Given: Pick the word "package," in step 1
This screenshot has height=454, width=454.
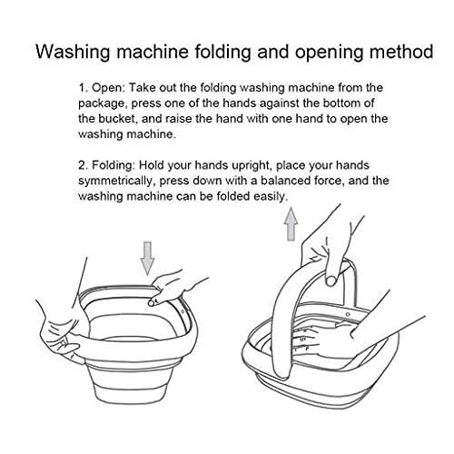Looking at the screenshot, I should pos(108,103).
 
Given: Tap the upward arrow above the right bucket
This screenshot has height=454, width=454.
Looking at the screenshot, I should pos(291,223).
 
